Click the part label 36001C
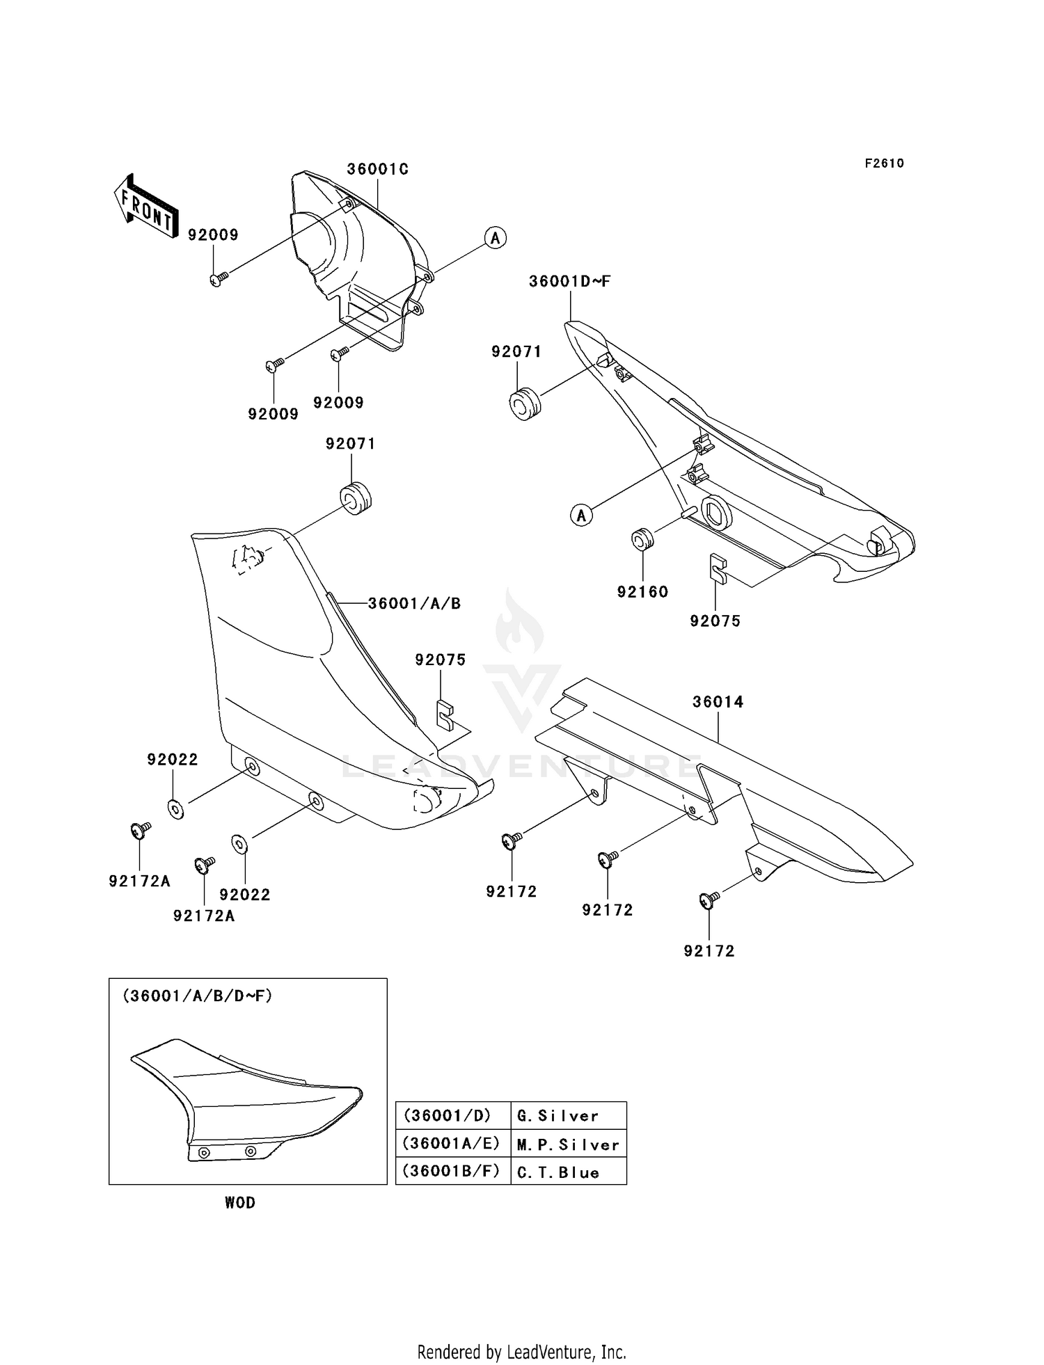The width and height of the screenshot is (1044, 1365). (x=377, y=169)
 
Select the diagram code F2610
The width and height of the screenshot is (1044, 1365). (x=884, y=163)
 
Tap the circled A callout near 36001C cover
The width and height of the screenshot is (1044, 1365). (x=495, y=238)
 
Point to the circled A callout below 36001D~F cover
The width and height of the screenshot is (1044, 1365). (x=582, y=516)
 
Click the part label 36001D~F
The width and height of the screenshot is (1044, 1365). (x=569, y=282)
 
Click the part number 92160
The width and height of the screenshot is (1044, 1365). (x=642, y=592)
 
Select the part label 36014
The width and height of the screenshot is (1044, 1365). (x=718, y=702)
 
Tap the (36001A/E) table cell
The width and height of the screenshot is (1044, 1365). (x=452, y=1143)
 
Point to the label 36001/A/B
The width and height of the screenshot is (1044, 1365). (x=414, y=604)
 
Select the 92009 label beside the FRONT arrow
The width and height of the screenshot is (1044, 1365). (x=213, y=235)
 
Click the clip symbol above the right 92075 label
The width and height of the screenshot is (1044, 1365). (x=718, y=568)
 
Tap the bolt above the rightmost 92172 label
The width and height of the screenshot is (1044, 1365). (x=708, y=900)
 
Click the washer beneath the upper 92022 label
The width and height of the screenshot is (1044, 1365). (x=175, y=809)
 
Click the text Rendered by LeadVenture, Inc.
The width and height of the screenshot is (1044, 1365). (x=521, y=1352)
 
